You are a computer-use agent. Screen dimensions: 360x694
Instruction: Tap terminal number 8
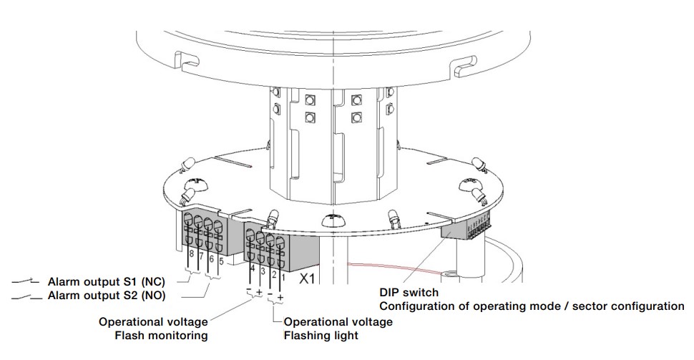click(192, 256)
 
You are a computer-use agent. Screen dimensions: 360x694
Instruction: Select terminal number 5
click(222, 262)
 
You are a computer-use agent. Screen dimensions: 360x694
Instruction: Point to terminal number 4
click(253, 268)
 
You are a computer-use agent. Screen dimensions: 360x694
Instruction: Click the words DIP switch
click(409, 293)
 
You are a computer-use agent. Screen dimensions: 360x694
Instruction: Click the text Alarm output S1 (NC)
click(107, 282)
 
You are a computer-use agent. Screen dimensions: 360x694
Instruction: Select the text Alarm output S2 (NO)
click(107, 295)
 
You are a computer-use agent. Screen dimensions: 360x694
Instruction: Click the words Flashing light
click(321, 335)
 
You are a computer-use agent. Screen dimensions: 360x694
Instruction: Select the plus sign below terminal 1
click(280, 296)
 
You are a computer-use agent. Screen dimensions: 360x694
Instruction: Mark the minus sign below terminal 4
click(248, 290)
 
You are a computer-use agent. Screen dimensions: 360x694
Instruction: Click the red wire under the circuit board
click(386, 268)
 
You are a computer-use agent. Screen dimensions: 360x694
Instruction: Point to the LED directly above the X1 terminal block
click(273, 216)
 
